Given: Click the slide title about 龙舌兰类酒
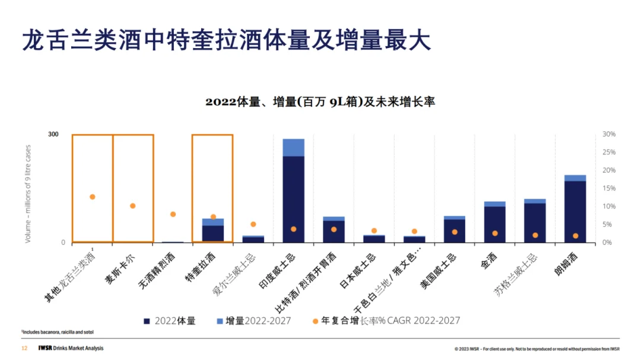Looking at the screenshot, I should [x=226, y=42].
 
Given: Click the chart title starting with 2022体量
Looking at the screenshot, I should [x=320, y=101].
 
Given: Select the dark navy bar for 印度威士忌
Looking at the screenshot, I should [x=293, y=199].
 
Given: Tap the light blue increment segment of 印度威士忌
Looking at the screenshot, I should [x=293, y=148].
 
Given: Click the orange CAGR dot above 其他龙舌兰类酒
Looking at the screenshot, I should [x=93, y=197].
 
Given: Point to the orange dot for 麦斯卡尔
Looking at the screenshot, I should [x=133, y=206].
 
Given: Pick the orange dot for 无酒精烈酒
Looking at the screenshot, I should [x=173, y=214].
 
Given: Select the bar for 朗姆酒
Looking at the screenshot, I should [x=575, y=211].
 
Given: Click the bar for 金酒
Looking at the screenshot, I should [x=494, y=224].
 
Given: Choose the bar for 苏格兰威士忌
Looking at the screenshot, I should [x=535, y=222].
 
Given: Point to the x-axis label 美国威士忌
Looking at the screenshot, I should [x=440, y=270].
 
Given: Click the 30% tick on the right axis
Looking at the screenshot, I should [x=609, y=135].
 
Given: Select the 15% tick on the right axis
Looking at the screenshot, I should [x=609, y=189].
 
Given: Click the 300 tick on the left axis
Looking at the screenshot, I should [x=53, y=135].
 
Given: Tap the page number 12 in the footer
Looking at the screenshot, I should [x=24, y=348].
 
